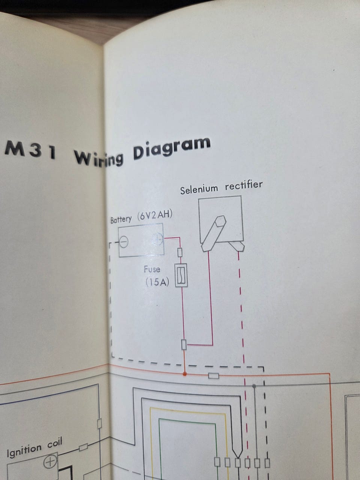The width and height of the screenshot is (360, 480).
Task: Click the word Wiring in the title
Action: coord(99,156)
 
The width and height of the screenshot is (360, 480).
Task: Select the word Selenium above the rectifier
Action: coord(199,189)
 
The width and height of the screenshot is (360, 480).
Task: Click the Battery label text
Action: coord(121,219)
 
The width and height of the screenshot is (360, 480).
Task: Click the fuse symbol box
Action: coord(181,276)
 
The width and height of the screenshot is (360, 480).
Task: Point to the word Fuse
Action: coord(152,269)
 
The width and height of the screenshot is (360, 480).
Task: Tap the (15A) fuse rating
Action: coord(157,282)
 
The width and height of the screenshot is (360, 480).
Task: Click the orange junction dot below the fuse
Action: coord(185,374)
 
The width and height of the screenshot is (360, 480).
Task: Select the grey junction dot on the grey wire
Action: coord(254,386)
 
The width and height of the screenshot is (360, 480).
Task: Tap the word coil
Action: coord(55,443)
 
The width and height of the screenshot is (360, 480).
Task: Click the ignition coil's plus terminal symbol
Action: coord(50,462)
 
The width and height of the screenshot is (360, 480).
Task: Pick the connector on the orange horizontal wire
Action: coord(213,376)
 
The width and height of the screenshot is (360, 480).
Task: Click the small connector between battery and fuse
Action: coord(180,253)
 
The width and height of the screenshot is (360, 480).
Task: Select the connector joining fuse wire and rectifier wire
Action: coord(184,345)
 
